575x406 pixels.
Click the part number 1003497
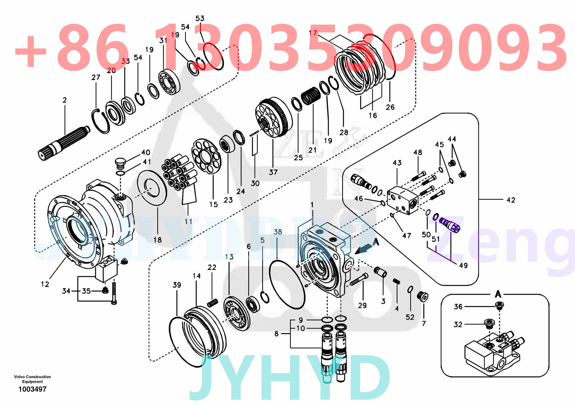click(32, 389)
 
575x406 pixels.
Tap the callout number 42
click(511, 200)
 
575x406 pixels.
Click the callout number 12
click(45, 284)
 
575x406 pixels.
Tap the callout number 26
click(390, 107)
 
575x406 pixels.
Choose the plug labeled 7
click(423, 296)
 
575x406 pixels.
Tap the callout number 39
click(177, 285)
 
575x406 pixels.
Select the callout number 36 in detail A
click(458, 306)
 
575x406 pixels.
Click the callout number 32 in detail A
click(458, 324)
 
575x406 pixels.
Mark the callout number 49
click(463, 265)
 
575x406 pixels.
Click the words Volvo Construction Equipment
click(32, 379)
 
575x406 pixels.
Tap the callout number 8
click(277, 334)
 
